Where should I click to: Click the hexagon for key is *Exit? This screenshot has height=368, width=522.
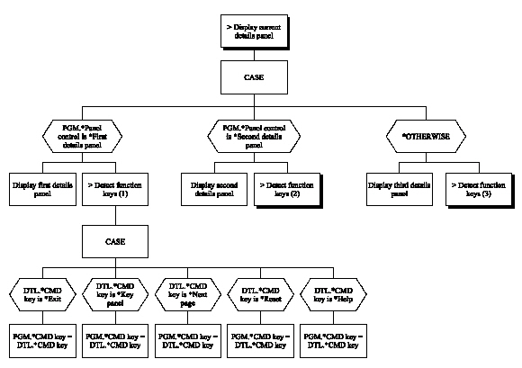(x=41, y=293)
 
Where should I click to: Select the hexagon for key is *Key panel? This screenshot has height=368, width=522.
(x=114, y=293)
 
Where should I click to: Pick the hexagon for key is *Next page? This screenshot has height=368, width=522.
(x=186, y=293)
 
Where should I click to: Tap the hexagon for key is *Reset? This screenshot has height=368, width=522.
(x=259, y=293)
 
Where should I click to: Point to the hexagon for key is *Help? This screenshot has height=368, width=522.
(x=331, y=293)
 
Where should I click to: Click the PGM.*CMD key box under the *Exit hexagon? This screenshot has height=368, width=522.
(x=41, y=339)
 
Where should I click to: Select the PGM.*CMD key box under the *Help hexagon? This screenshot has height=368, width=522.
(x=331, y=339)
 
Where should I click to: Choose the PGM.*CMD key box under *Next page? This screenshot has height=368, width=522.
(x=186, y=339)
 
